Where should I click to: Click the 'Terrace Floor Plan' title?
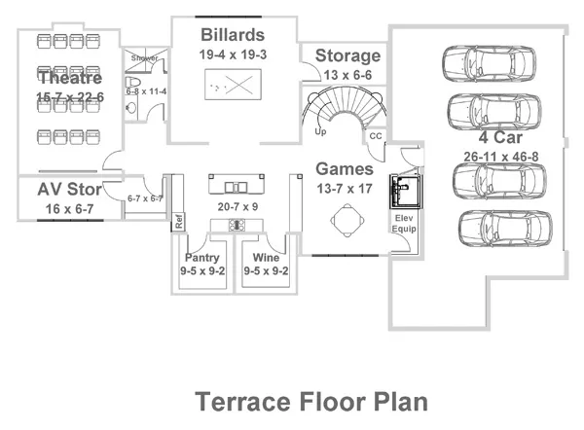pyautogui.click(x=311, y=402)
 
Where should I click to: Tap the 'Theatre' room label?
pyautogui.click(x=70, y=77)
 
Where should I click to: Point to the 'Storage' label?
pyautogui.click(x=347, y=56)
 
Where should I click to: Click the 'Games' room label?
pyautogui.click(x=344, y=168)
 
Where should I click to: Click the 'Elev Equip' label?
pyautogui.click(x=405, y=224)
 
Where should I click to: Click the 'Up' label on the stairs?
pyautogui.click(x=320, y=129)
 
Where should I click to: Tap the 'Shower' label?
pyautogui.click(x=144, y=58)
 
